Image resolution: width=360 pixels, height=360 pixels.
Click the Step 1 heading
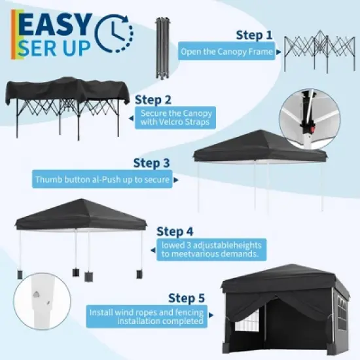(253, 35)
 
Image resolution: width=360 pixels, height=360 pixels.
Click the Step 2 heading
(153, 100)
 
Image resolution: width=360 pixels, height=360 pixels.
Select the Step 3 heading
(151, 163)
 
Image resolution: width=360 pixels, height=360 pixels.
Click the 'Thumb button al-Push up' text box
(103, 179)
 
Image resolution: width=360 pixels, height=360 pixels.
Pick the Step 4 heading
(175, 231)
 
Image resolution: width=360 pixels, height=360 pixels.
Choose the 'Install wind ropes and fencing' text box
(148, 316)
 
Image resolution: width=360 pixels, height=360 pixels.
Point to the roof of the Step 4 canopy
(80, 213)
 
